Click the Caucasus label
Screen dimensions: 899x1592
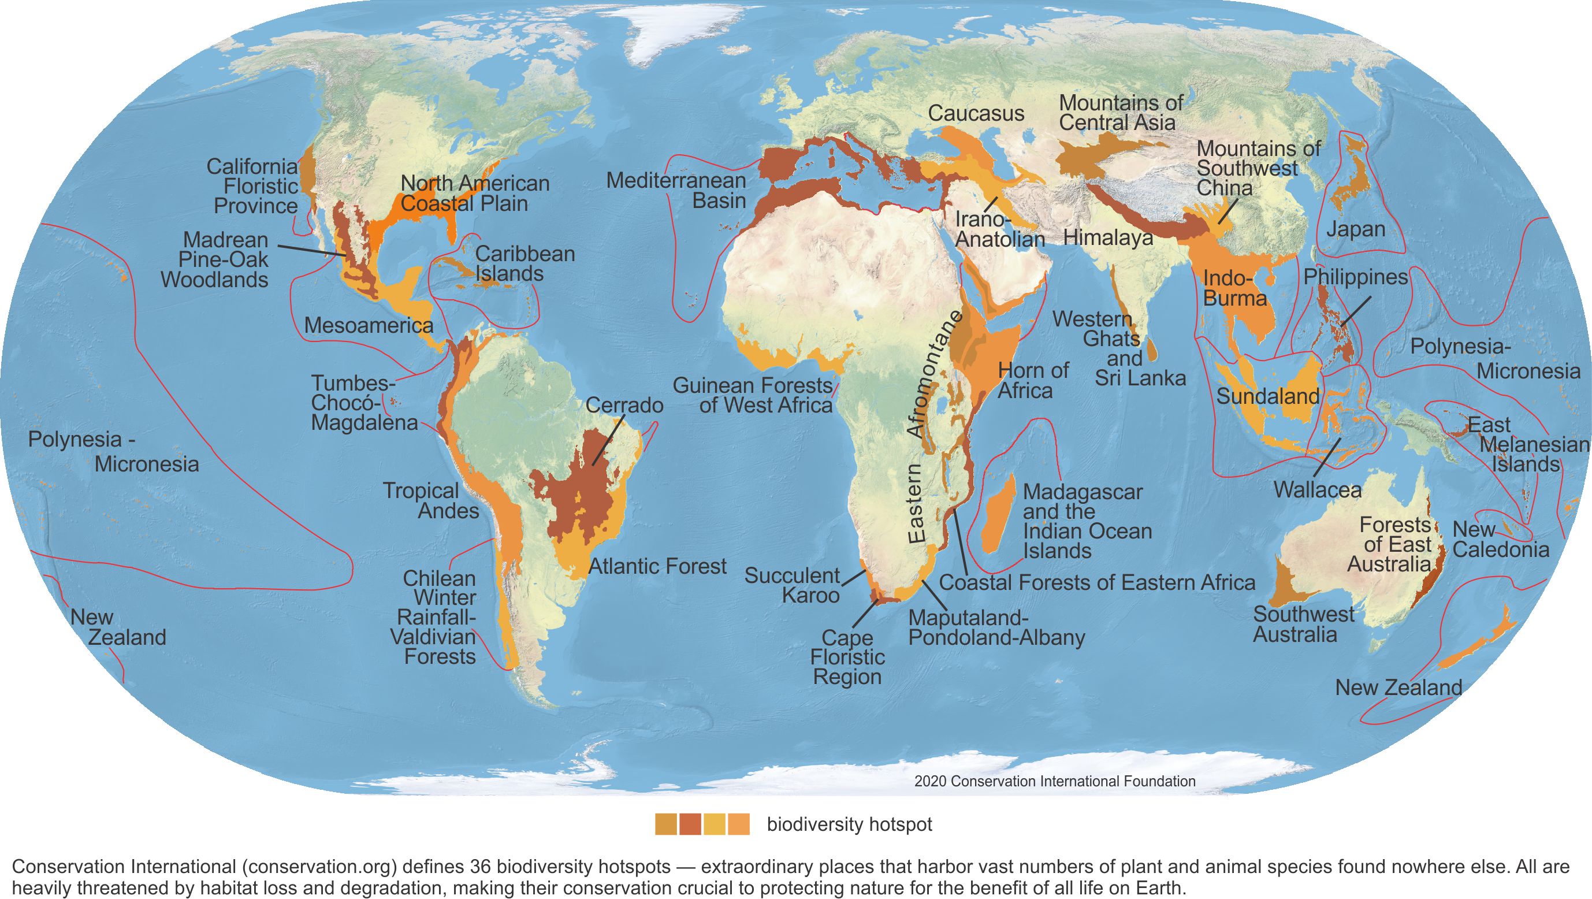(976, 114)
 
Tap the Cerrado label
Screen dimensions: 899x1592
(624, 406)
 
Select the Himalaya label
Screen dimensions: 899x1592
(1107, 237)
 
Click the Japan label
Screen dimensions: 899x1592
(1355, 229)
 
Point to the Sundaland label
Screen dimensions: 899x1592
(1267, 396)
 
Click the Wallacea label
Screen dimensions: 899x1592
(1317, 491)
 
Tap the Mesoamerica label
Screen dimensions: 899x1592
(369, 325)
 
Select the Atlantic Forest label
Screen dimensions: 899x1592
(657, 566)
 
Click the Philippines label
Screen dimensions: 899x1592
(1355, 277)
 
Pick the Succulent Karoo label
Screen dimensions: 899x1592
(792, 585)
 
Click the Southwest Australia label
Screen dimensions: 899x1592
(1303, 625)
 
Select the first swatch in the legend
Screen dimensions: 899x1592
(666, 824)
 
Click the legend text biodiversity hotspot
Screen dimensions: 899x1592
(849, 825)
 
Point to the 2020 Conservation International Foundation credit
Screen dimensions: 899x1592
(1054, 782)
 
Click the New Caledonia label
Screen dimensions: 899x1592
(1500, 540)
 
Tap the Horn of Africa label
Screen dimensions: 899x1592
(1033, 380)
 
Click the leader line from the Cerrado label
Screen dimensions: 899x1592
(608, 441)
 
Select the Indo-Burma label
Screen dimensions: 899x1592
(1234, 289)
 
